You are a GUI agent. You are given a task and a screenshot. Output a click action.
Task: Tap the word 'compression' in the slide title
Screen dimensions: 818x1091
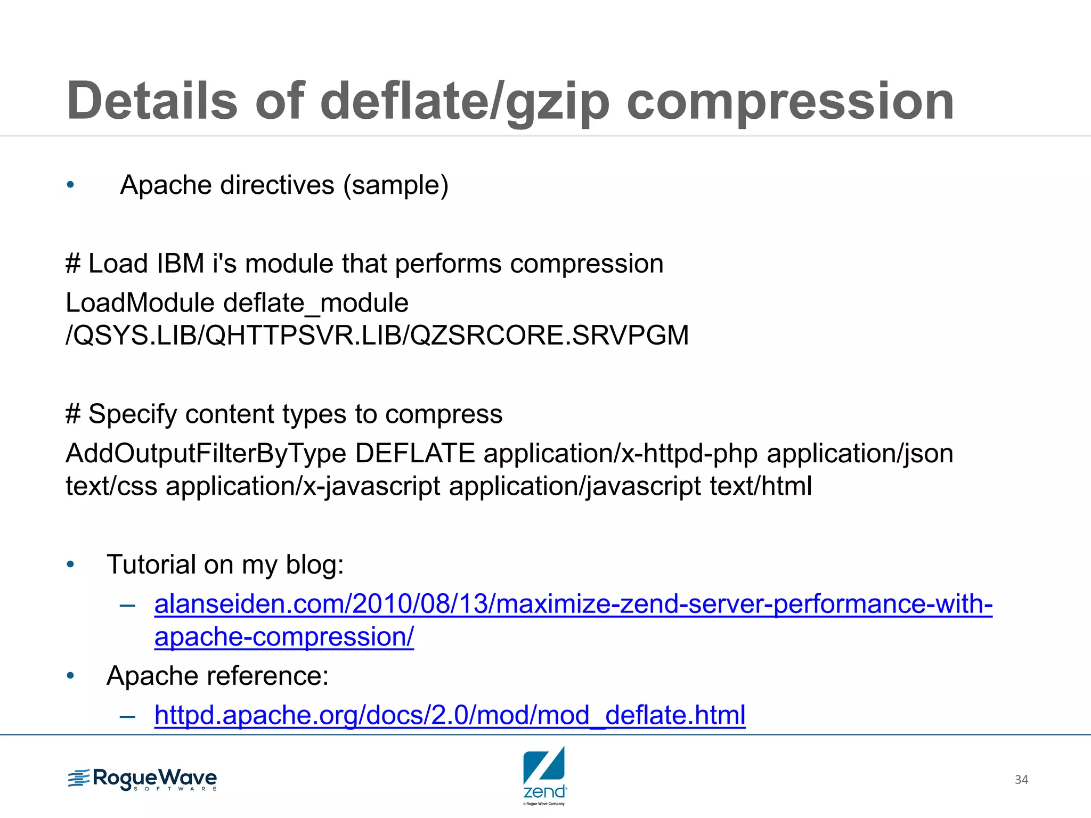[790, 101]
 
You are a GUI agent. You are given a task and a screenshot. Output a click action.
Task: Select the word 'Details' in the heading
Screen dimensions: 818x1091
[152, 101]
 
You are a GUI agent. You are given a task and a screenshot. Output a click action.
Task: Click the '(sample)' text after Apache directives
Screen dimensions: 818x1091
[396, 185]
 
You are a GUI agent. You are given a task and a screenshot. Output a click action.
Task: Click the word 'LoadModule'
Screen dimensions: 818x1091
[140, 303]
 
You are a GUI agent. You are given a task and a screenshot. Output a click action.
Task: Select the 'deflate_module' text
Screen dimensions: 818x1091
[316, 303]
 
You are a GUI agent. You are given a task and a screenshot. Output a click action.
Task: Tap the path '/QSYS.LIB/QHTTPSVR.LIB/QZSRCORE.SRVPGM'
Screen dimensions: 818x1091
[377, 336]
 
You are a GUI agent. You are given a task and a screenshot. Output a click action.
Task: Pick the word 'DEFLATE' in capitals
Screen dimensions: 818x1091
[415, 454]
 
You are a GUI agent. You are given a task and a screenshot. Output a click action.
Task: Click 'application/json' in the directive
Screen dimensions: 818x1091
[860, 454]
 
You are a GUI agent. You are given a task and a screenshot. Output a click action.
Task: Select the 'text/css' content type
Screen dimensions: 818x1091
[111, 487]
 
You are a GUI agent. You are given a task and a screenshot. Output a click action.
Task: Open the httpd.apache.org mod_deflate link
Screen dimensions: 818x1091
[450, 715]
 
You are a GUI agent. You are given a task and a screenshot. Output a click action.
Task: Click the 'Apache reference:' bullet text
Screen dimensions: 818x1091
[217, 676]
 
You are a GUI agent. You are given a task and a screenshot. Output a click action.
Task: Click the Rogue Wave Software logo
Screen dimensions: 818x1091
[142, 780]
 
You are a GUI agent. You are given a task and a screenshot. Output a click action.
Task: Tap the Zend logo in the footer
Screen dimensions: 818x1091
[544, 775]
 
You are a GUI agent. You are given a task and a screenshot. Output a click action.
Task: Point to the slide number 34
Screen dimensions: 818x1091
[1021, 780]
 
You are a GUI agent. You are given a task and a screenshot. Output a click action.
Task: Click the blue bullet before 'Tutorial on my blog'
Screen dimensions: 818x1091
[70, 565]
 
